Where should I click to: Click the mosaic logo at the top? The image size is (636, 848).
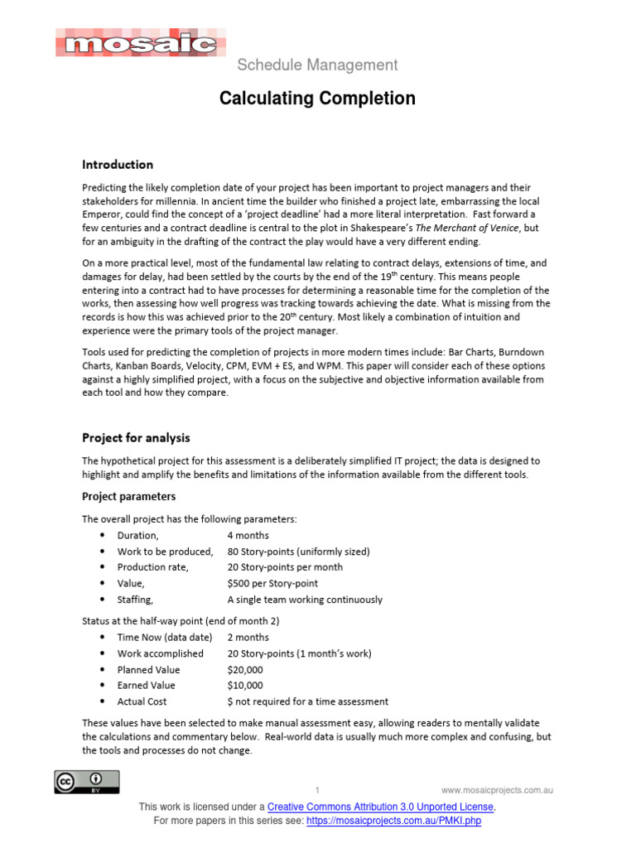click(x=140, y=42)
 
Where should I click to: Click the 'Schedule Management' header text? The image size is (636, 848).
click(x=318, y=65)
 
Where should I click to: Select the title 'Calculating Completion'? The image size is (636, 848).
click(x=317, y=99)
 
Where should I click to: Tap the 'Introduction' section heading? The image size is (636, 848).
click(x=118, y=165)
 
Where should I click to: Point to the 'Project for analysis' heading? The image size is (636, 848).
click(x=136, y=437)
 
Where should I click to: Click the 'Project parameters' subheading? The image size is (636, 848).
click(x=128, y=497)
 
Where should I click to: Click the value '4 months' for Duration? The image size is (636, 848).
click(x=248, y=536)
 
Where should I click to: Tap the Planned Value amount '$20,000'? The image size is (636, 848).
click(x=245, y=670)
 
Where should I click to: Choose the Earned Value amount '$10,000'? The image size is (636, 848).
click(x=245, y=686)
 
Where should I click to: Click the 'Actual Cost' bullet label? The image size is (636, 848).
click(x=142, y=701)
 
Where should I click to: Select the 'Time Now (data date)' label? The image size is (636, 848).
click(x=164, y=638)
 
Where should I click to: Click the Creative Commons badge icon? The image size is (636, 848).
click(x=87, y=782)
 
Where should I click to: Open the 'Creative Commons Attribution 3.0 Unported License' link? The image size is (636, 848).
click(x=381, y=807)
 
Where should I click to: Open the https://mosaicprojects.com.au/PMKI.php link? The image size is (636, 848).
click(x=393, y=821)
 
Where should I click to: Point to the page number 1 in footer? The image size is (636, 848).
click(x=317, y=789)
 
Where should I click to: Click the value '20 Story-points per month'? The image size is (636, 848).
click(x=285, y=567)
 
